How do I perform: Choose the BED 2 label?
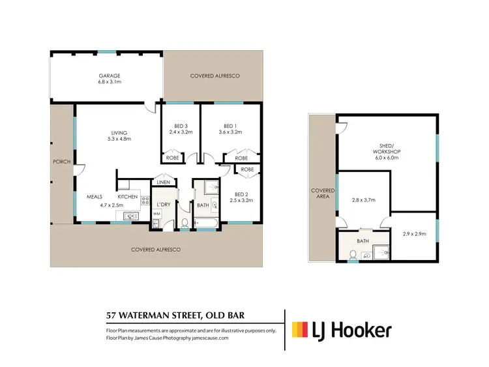click(241, 194)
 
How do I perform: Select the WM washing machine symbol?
click(156, 214)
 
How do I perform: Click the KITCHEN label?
click(127, 196)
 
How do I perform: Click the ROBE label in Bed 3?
click(172, 158)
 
